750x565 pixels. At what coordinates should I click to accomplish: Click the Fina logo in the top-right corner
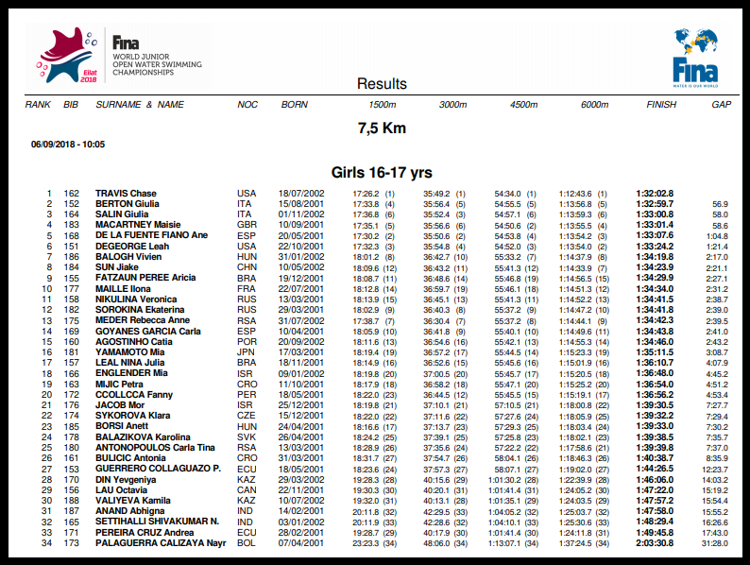coord(694,55)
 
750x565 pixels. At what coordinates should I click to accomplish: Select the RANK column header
coord(38,104)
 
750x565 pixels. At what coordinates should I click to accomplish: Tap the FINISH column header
coord(661,104)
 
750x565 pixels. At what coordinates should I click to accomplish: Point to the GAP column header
coord(721,104)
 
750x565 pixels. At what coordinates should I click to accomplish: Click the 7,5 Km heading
coord(382,128)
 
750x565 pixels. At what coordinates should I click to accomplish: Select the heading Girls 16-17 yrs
coord(382,173)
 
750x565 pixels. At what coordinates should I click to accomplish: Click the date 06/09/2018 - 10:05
coord(67,145)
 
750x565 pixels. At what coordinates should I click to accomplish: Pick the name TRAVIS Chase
coord(126,194)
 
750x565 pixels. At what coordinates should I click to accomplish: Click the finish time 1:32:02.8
coord(655,194)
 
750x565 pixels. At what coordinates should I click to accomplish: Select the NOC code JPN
coord(246,351)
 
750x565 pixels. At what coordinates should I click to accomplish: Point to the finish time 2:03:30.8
coord(655,542)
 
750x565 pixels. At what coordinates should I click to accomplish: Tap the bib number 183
coord(72,225)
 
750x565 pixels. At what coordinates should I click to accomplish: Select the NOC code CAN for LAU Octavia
coord(247,489)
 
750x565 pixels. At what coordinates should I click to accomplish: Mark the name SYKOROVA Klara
coord(132,415)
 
